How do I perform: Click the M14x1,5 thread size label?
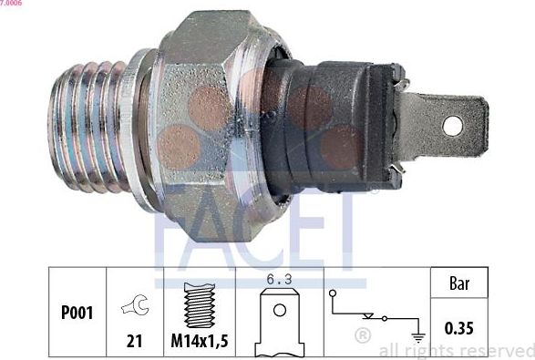click(199, 343)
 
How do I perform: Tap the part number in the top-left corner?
click(12, 5)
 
